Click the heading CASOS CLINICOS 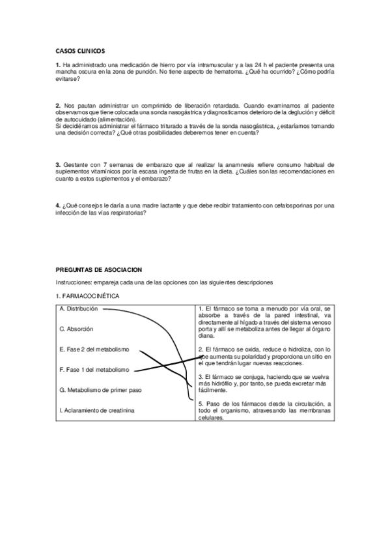tap(80, 50)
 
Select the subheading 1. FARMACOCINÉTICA tap(88, 297)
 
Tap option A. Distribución tap(79, 308)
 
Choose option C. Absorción tap(76, 329)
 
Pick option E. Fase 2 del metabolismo tap(94, 349)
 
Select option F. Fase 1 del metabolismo tap(94, 370)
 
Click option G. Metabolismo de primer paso tap(100, 390)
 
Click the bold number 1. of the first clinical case tap(58, 65)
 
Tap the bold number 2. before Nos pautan tap(58, 105)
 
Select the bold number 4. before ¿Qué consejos tap(58, 205)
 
